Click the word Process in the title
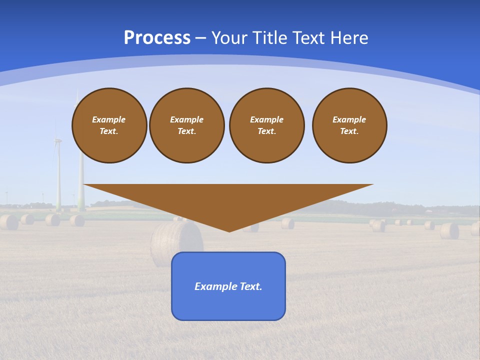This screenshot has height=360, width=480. [x=157, y=38]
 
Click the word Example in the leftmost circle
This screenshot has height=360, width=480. [x=109, y=119]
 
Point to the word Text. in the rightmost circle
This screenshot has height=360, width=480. [x=349, y=131]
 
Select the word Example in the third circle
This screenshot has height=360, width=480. [x=266, y=119]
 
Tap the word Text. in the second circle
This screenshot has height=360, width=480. [x=187, y=131]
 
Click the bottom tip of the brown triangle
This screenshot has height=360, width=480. [x=229, y=231]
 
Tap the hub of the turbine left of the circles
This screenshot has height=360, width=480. [x=57, y=140]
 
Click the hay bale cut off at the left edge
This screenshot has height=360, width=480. [x=7, y=222]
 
